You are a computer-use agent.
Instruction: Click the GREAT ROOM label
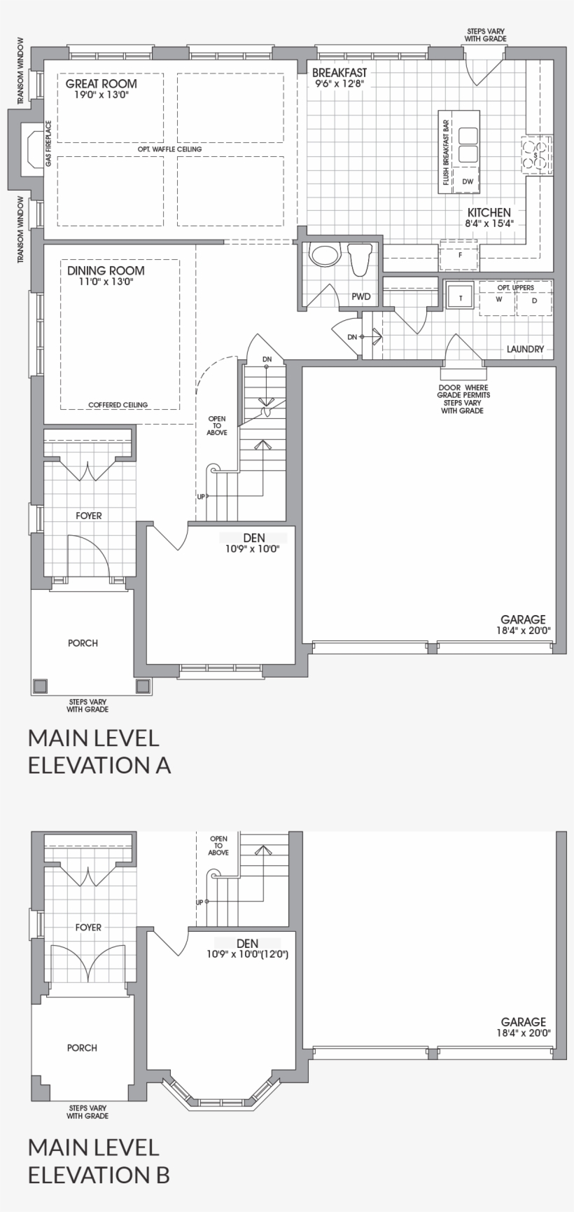(101, 83)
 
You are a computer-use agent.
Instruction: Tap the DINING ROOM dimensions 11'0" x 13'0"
(106, 282)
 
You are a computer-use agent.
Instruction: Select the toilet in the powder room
(361, 259)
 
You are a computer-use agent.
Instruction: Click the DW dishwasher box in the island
(468, 181)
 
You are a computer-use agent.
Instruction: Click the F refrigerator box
(459, 255)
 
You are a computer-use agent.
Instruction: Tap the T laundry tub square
(460, 298)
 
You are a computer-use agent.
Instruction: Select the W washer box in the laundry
(498, 300)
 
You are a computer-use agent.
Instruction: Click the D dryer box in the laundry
(534, 300)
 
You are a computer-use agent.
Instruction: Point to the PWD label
(361, 297)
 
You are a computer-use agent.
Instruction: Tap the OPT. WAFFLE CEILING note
(171, 149)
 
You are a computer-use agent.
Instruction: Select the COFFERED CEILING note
(118, 405)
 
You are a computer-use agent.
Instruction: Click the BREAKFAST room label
(339, 73)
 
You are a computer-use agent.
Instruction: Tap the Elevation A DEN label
(253, 538)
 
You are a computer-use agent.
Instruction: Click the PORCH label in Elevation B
(82, 1048)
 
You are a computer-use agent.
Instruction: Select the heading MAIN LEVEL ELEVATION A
(99, 751)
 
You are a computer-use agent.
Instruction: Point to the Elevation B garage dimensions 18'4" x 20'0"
(524, 1033)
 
